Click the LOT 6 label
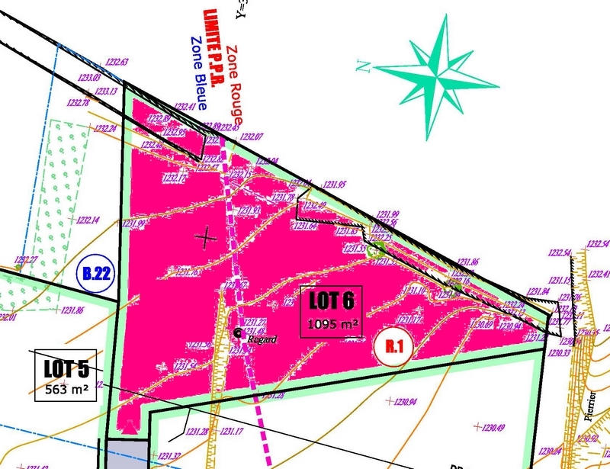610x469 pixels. pos(332,300)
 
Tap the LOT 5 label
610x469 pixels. pos(66,369)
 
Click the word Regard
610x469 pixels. pos(259,339)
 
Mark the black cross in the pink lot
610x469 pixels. pos(206,237)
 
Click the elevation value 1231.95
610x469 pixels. pos(334,185)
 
